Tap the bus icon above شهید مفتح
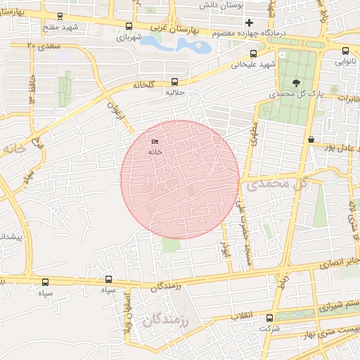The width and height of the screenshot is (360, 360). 60,16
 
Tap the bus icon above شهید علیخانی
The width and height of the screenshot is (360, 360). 253,53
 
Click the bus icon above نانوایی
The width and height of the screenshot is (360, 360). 345,51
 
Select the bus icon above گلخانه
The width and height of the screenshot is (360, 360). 175,82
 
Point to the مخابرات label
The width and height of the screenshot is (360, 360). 345,98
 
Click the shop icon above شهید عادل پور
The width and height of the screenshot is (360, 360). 311,139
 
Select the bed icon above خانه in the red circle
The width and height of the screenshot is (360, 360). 155,143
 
